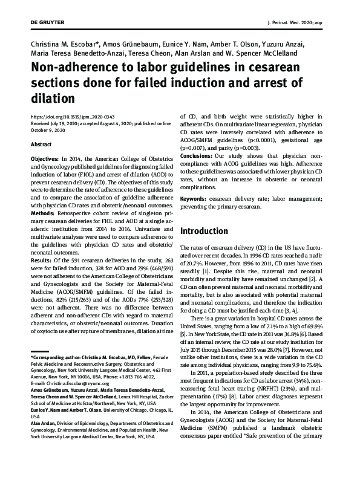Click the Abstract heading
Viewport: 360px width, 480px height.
click(x=41, y=145)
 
